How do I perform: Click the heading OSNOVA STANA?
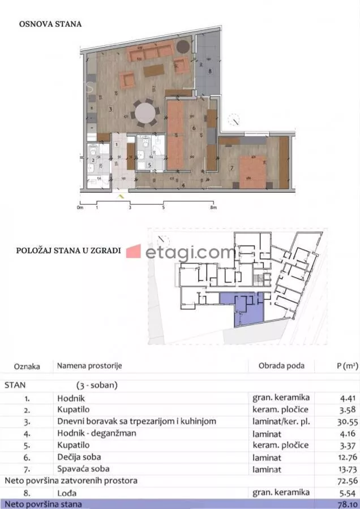[50, 24]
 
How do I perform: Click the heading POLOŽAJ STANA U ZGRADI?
[68, 251]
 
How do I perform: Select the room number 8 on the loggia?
[209, 71]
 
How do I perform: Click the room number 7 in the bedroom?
[232, 168]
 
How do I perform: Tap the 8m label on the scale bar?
[213, 208]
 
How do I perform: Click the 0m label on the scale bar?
[80, 208]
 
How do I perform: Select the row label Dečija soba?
[83, 457]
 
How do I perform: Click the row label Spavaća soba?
[83, 469]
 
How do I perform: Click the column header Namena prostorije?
[89, 366]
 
